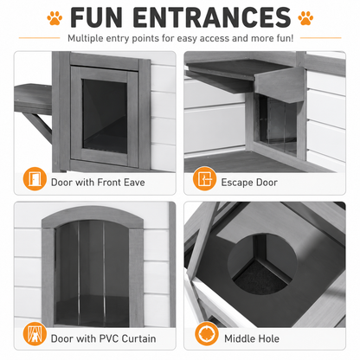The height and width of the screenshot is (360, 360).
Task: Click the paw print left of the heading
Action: pos(55,18)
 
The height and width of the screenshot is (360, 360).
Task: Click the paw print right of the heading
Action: pos(305,18)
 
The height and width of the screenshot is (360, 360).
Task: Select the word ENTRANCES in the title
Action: pos(212,17)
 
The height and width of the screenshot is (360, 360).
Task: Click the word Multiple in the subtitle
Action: pos(86,38)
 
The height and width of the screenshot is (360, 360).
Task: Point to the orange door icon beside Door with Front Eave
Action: pos(35,179)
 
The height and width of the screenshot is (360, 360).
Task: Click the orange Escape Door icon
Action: pos(204,179)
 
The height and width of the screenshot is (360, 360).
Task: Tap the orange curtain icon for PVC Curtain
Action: pos(35,334)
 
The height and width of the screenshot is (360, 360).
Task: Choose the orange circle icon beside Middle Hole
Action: pos(206,334)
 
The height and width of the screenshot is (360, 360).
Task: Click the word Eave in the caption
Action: pos(134,183)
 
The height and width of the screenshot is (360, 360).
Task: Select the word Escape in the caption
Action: pos(237,183)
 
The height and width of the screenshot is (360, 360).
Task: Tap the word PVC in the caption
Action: pos(109,338)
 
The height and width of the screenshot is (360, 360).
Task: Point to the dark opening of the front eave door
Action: pos(105,116)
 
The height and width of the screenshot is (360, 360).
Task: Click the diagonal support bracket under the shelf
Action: pos(38,127)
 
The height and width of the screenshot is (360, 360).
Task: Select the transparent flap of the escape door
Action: pos(278,124)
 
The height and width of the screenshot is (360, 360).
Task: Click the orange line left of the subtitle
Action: pos(39,38)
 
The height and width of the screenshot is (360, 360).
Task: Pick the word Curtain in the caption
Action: pos(138,338)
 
